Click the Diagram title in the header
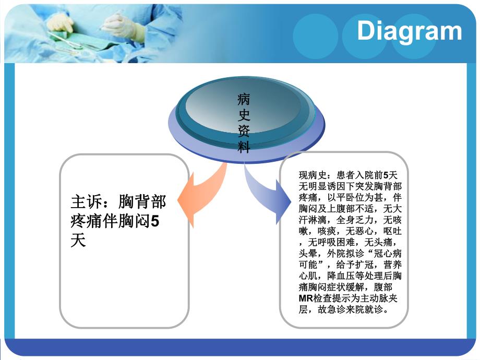pyautogui.click(x=409, y=31)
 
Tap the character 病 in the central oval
pyautogui.click(x=244, y=98)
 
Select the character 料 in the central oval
pyautogui.click(x=244, y=148)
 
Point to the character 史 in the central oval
pyautogui.click(x=244, y=114)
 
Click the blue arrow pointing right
pyautogui.click(x=269, y=193)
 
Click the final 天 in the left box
pyautogui.click(x=78, y=242)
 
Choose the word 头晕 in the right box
pyautogui.click(x=307, y=253)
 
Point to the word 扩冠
pyautogui.click(x=367, y=265)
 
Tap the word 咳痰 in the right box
pyautogui.click(x=326, y=231)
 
